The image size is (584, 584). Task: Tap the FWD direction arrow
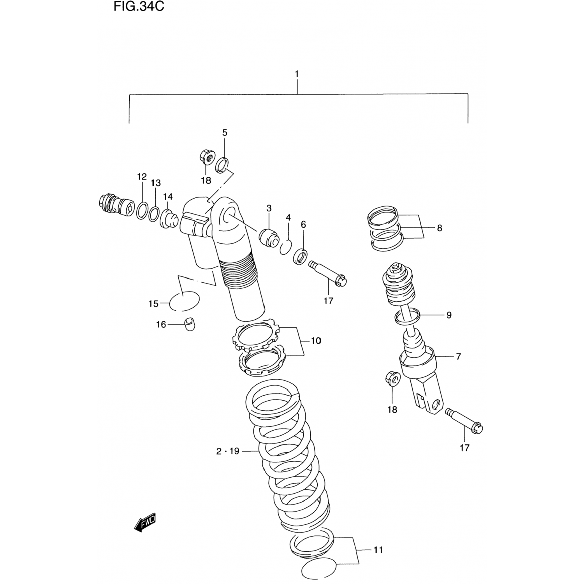tap(145, 522)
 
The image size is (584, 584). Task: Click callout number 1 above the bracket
tap(297, 74)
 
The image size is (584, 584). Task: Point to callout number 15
tap(153, 304)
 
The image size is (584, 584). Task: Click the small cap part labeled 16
tap(190, 324)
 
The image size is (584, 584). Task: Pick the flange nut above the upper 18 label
tap(206, 158)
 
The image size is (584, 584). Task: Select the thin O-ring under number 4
tap(285, 247)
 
